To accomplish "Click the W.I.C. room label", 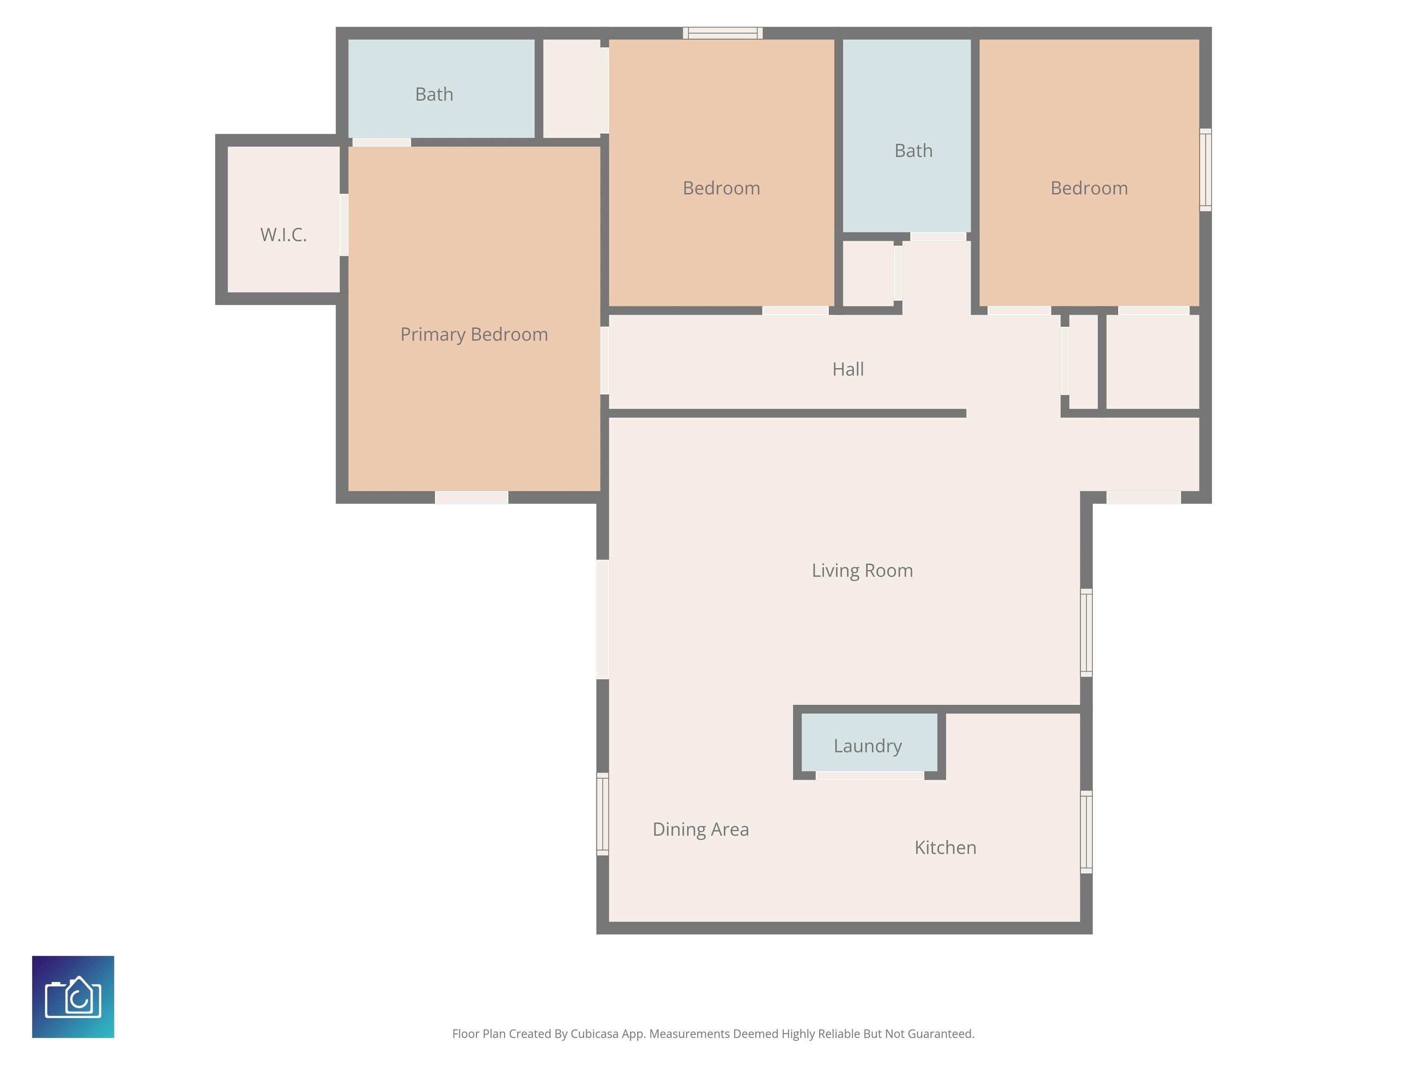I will (x=283, y=235).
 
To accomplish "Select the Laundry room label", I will (x=867, y=745).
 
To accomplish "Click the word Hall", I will (x=848, y=369).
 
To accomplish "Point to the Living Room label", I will (x=862, y=570).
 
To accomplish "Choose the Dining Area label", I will (x=700, y=829).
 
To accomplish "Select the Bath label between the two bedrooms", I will (x=913, y=150).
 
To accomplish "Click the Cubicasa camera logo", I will (x=73, y=997).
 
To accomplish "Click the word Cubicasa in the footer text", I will (x=594, y=1034).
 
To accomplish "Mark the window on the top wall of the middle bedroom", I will (x=722, y=33).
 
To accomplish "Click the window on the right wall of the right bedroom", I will (x=1205, y=170).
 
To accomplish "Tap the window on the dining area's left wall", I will (x=602, y=814).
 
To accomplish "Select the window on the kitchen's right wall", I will (x=1087, y=832).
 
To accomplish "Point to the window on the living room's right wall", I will (x=1087, y=633).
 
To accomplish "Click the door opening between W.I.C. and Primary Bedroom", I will (x=344, y=224).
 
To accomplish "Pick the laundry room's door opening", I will (x=870, y=775).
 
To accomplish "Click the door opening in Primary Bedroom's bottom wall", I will (x=471, y=497).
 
